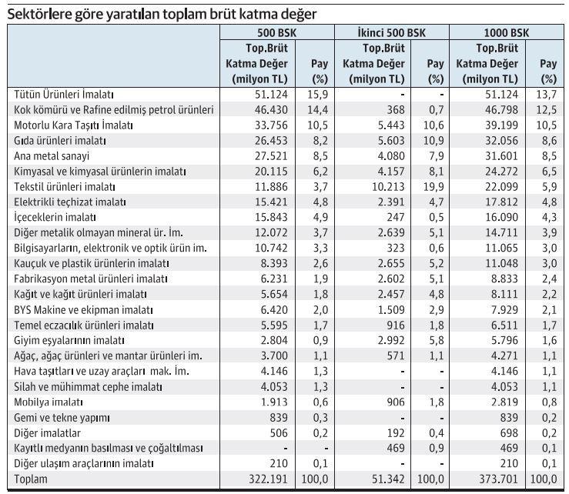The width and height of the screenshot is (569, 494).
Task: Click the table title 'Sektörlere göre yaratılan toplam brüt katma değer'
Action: (162, 13)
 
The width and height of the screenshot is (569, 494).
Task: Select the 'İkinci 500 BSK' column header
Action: (392, 33)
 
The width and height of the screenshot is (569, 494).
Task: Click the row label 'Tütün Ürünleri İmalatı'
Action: (64, 94)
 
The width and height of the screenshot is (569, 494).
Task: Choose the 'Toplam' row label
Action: (31, 479)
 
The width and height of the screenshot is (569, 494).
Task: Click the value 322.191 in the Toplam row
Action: (267, 479)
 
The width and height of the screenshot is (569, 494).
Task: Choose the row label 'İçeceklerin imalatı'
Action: (55, 217)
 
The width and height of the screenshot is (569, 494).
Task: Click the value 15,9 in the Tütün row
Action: (320, 94)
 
